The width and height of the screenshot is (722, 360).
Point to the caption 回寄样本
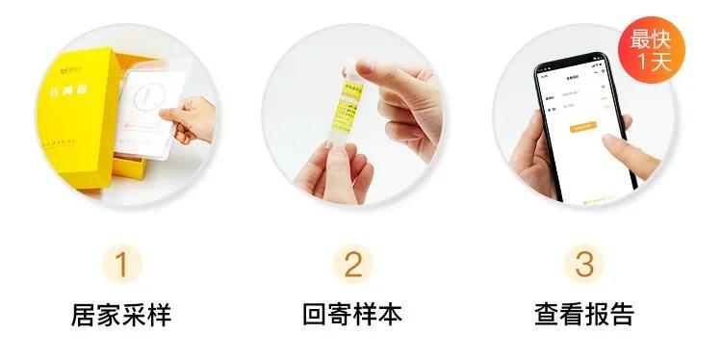tap(353, 315)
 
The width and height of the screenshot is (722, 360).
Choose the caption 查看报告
tap(584, 315)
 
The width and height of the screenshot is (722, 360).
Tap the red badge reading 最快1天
tap(657, 51)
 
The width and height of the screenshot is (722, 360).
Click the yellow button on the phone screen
tap(583, 126)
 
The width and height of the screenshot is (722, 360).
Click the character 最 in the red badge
tap(644, 40)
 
